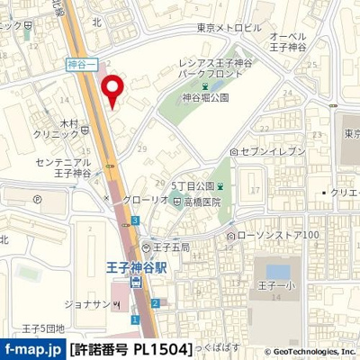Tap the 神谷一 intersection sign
pyautogui.click(x=81, y=64)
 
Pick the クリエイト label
pyautogui.click(x=343, y=193)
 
